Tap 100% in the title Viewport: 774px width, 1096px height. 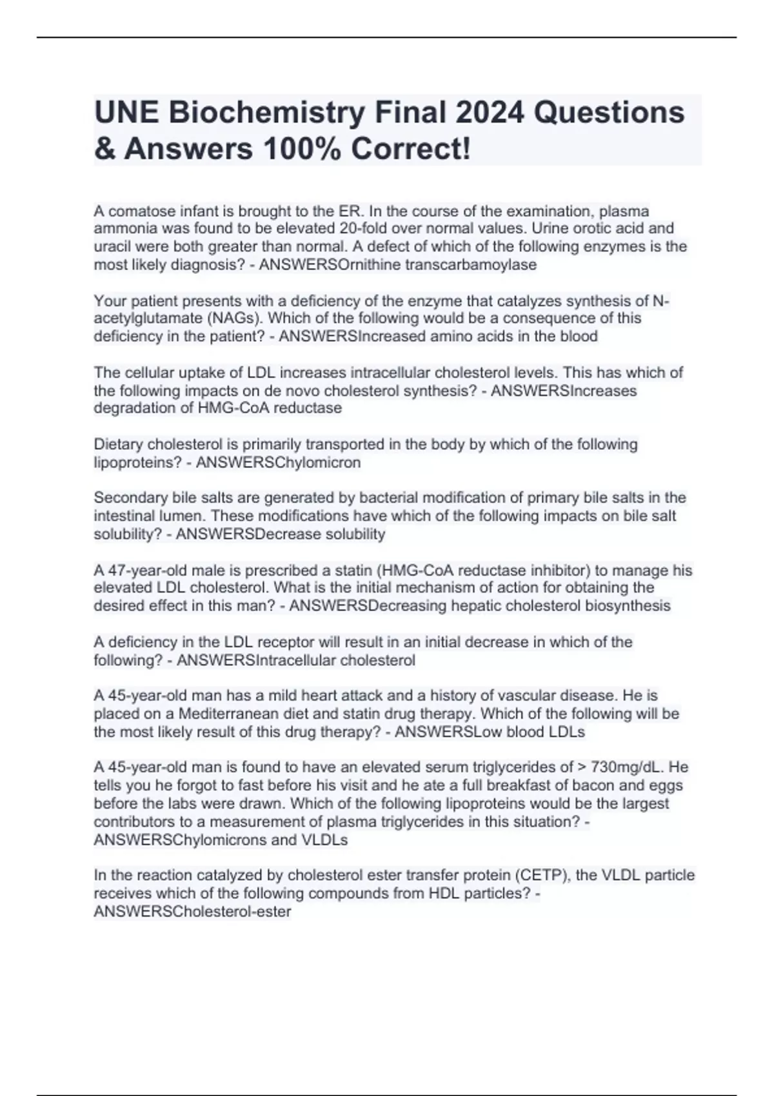pyautogui.click(x=303, y=150)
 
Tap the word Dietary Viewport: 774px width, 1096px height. pyautogui.click(x=119, y=444)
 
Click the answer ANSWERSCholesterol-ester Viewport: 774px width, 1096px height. pyautogui.click(x=192, y=912)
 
